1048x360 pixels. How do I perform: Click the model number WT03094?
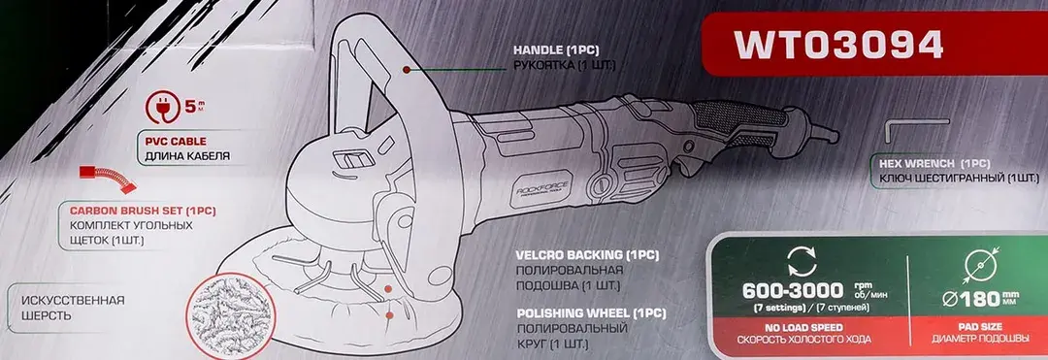click(x=838, y=46)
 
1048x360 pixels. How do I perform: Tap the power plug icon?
click(x=162, y=109)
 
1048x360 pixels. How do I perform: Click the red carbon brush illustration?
click(x=109, y=179)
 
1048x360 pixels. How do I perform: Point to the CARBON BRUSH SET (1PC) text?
click(x=143, y=211)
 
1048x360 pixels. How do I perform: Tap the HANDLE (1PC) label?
click(x=556, y=50)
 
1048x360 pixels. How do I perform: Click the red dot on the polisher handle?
click(x=405, y=69)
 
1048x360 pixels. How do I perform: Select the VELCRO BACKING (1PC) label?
click(x=588, y=255)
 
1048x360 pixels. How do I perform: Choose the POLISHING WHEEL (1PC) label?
click(x=592, y=312)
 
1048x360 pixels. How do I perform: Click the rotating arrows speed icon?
click(x=802, y=262)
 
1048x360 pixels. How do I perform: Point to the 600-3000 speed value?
click(x=793, y=291)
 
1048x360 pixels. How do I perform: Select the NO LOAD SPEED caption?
click(x=804, y=328)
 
